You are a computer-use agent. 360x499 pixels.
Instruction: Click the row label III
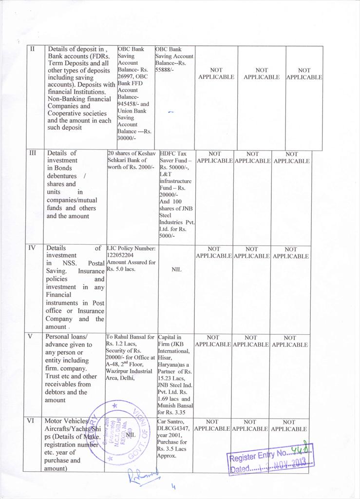[33, 153]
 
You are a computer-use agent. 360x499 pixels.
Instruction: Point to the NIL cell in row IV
[176, 269]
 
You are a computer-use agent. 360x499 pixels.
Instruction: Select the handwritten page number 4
[173, 486]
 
